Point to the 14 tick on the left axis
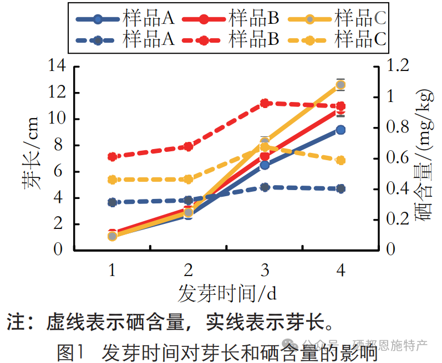point(57,67)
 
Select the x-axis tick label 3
point(265,270)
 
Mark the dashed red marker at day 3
point(265,103)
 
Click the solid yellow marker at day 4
point(341,85)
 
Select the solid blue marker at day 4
point(341,130)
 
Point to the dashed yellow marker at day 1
point(112,180)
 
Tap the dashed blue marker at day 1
point(112,202)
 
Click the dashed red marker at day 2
point(188,147)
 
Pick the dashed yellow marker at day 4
point(341,160)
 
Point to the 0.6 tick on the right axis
point(397,159)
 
